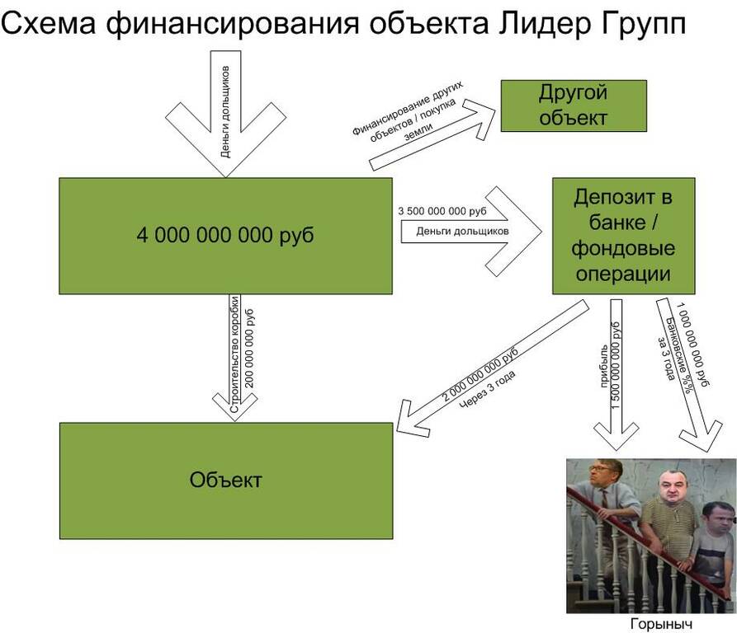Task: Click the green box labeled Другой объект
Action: [574, 105]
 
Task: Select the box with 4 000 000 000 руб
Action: [225, 236]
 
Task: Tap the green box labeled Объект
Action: [226, 481]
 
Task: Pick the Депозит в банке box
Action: [623, 236]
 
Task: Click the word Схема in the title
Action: [49, 22]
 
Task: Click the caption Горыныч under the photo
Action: [661, 624]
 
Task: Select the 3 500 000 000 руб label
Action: [442, 211]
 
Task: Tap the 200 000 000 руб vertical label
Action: [249, 348]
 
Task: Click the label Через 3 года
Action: [487, 389]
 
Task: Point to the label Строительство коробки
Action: [234, 354]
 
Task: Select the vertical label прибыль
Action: [604, 366]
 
